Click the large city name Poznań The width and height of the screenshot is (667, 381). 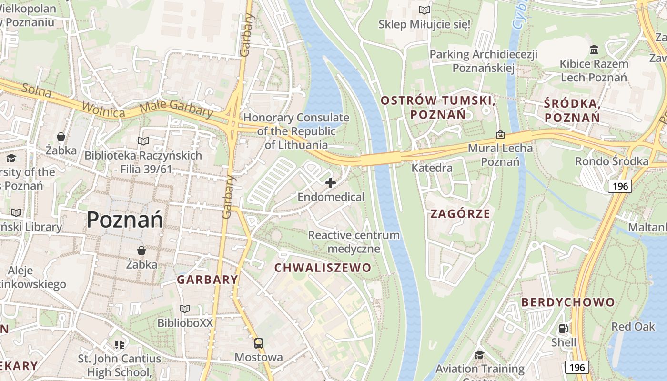point(125,220)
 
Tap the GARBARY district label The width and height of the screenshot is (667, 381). point(208,280)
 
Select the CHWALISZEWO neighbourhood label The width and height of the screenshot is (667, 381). point(323,268)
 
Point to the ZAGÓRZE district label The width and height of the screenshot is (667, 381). point(460,213)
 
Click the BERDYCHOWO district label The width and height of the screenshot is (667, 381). point(568,302)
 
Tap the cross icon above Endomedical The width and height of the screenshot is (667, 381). point(331,183)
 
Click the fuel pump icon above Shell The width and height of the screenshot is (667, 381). point(563,328)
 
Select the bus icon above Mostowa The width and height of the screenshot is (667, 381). point(258,343)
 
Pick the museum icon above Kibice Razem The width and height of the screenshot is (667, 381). point(594,50)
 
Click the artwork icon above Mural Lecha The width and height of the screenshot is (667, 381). point(500,134)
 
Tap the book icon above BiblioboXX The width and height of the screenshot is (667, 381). point(185,309)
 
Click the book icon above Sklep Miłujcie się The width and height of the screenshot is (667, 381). point(424,10)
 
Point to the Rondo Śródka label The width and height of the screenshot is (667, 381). point(612,161)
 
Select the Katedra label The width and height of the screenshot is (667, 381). point(432,168)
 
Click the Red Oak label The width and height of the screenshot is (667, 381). point(633,326)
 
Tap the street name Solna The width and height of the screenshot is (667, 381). point(37,90)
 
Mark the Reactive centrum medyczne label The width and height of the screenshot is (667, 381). point(354,241)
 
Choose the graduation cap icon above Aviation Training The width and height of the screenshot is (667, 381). point(479,355)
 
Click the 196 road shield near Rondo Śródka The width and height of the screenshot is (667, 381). point(620,186)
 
